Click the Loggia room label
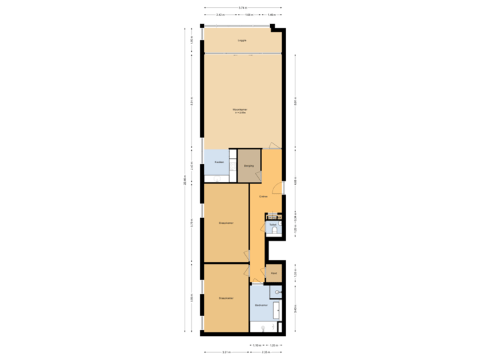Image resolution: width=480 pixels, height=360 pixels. click(x=241, y=41)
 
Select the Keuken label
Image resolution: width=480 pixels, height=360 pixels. click(x=219, y=163)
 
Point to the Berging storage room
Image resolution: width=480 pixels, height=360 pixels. click(x=249, y=166)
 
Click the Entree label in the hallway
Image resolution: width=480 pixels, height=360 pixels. click(x=263, y=197)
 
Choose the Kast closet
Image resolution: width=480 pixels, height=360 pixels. click(x=273, y=273)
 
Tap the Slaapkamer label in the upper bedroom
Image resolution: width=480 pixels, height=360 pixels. click(x=225, y=222)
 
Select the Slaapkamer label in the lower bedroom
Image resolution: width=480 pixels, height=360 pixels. click(x=225, y=298)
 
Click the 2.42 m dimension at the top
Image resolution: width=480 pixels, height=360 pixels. click(x=220, y=15)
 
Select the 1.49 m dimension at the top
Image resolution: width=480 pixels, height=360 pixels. click(x=271, y=15)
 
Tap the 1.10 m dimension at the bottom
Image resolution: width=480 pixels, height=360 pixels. click(x=257, y=345)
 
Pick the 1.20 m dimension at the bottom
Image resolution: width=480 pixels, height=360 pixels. click(x=273, y=345)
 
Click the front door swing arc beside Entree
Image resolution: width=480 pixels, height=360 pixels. click(x=279, y=188)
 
